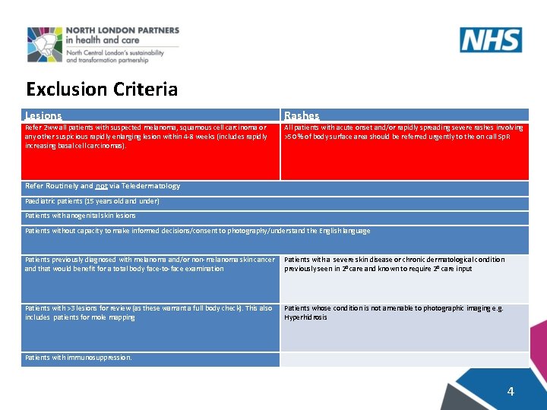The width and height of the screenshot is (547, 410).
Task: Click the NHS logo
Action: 490,39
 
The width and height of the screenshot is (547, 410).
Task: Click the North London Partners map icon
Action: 45,45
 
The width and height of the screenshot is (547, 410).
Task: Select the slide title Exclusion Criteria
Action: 102,90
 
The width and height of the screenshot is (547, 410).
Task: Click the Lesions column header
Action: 43,115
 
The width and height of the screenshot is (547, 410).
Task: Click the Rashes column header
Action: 302,115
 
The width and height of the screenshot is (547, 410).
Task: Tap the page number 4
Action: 511,391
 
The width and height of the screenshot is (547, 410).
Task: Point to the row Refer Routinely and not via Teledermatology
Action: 103,186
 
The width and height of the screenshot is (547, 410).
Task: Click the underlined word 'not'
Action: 102,186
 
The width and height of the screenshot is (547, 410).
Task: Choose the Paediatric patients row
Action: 92,201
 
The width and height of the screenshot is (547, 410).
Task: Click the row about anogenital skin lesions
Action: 81,216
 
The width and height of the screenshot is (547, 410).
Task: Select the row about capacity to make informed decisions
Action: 198,231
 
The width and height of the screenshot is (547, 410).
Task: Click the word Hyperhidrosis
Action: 305,317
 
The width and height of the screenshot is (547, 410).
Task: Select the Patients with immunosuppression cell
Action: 78,357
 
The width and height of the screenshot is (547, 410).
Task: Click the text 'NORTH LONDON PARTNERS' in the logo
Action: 132,30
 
